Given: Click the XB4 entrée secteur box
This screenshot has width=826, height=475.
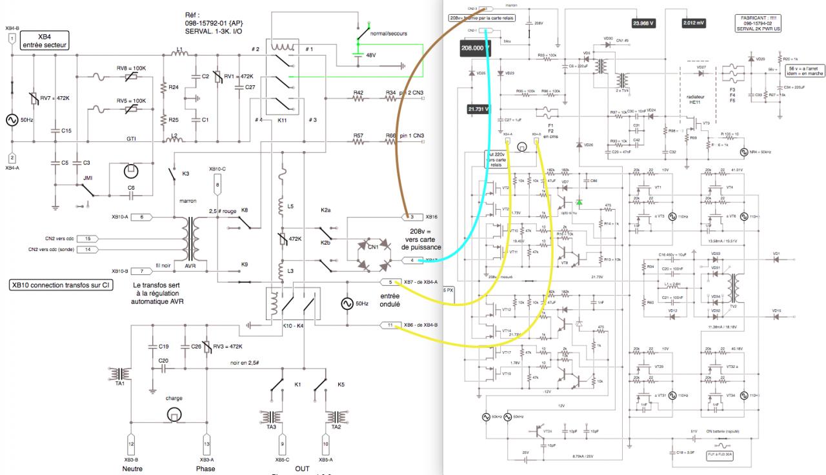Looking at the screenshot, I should tap(45, 41).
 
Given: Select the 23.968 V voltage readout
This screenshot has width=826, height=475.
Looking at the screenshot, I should tap(643, 23).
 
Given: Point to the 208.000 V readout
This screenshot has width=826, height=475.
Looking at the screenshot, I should tap(476, 47).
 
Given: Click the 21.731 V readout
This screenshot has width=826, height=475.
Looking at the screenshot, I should tap(478, 110).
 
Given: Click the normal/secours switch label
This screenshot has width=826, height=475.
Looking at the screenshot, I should tap(389, 33).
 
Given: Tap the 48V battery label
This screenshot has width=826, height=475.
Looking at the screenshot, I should tap(370, 56).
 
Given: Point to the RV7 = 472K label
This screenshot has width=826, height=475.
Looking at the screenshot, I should tap(55, 99).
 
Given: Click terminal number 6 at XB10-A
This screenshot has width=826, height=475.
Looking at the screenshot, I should tap(141, 217).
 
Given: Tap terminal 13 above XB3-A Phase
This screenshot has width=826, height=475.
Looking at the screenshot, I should tap(206, 444).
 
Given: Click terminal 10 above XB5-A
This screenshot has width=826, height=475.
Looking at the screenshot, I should tap(326, 444).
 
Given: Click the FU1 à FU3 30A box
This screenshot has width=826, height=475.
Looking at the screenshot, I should tap(720, 454).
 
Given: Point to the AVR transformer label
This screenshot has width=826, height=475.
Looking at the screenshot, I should tap(190, 265).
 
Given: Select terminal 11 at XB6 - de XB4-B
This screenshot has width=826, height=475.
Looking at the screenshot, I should tap(390, 325).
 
